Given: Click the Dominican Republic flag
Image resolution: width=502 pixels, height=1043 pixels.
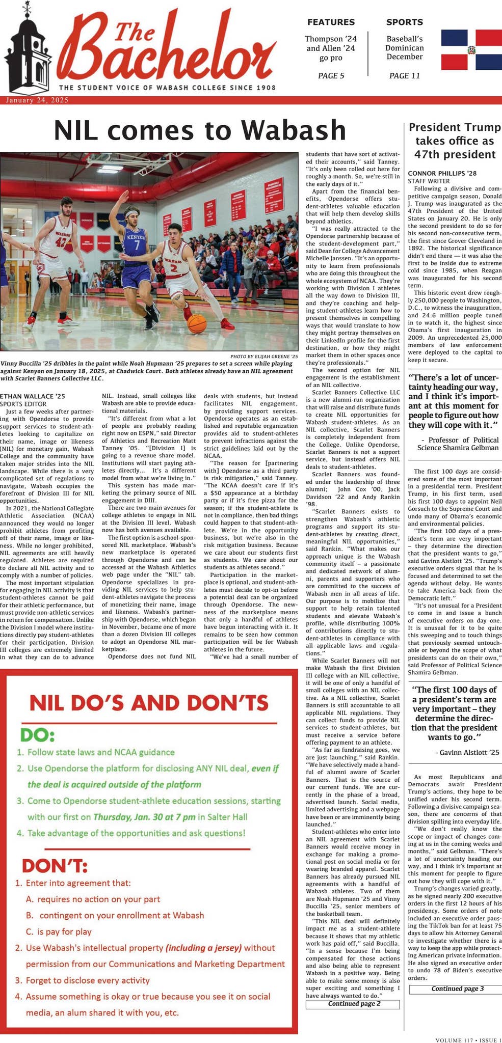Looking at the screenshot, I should (471, 49).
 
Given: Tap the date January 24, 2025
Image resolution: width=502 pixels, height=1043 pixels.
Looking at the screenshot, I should (37, 100).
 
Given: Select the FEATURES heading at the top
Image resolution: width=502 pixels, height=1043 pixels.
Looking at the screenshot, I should (331, 22).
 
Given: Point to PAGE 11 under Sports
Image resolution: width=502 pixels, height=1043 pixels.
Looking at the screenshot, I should (404, 76).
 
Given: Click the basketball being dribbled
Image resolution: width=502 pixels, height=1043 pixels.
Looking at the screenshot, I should (197, 323).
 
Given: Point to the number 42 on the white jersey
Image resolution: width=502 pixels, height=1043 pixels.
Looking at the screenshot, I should (61, 241).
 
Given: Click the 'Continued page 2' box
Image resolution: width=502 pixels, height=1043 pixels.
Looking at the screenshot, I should (352, 1004).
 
